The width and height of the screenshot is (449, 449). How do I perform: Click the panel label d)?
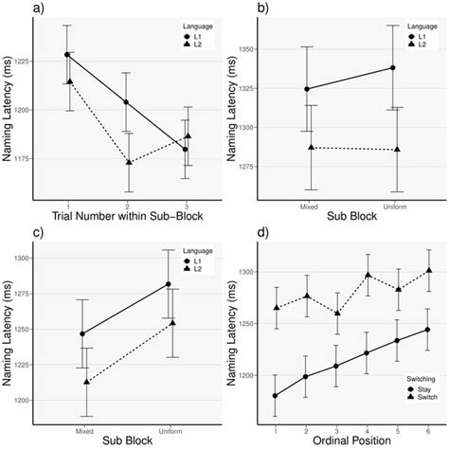click(234, 232)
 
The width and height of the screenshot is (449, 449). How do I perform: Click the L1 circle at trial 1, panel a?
click(66, 55)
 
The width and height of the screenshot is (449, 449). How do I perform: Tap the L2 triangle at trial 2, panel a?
click(126, 162)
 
